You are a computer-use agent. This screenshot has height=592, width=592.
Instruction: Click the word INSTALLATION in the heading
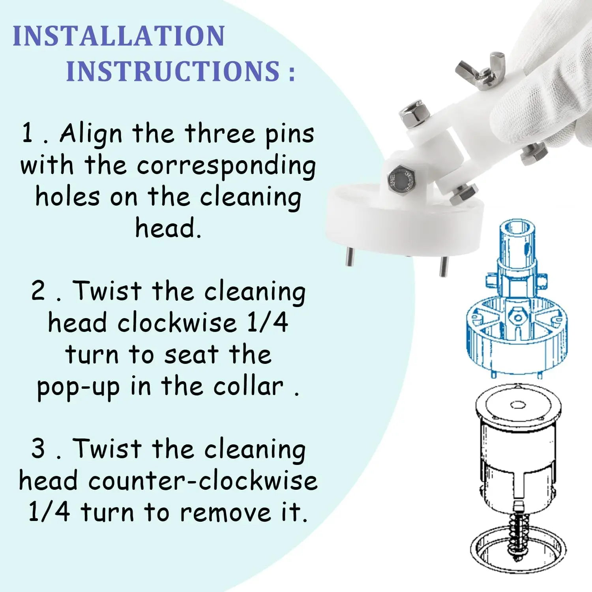click(119, 36)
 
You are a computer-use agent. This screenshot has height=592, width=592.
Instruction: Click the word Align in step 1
click(91, 134)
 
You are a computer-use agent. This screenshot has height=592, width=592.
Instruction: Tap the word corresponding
click(226, 166)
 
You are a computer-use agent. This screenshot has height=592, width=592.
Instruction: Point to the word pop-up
click(78, 388)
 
